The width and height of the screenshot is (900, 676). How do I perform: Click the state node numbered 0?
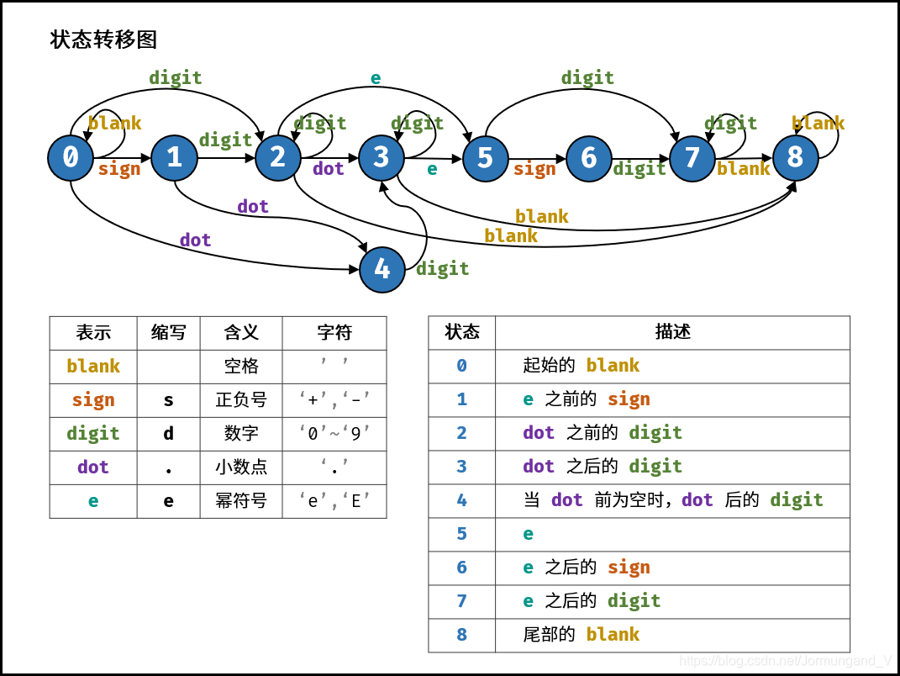(x=71, y=158)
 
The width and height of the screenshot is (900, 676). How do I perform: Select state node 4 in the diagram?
(x=382, y=269)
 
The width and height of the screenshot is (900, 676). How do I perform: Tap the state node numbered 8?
(x=795, y=157)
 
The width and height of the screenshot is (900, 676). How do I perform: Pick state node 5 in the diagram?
(x=485, y=158)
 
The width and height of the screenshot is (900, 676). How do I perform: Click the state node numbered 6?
(x=588, y=158)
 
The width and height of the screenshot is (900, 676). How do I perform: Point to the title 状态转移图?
(x=103, y=40)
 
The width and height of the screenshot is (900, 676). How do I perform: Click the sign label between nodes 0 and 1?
(x=119, y=169)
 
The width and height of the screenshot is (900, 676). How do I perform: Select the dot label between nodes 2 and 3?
(x=329, y=169)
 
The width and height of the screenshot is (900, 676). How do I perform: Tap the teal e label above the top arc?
(x=376, y=78)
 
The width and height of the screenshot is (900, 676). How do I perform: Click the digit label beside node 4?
(x=442, y=269)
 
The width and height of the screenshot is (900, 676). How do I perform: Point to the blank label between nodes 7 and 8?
(x=743, y=169)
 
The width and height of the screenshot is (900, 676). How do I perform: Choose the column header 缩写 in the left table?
(x=168, y=333)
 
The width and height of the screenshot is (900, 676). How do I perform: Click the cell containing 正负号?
(x=241, y=400)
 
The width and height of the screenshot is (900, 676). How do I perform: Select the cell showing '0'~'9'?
(x=334, y=434)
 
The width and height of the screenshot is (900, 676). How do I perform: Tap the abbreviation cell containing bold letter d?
(x=168, y=434)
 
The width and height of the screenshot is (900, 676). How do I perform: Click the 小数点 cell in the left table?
(x=241, y=467)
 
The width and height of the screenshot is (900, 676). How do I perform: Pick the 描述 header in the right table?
(x=672, y=332)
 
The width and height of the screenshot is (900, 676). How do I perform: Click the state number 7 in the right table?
(x=461, y=601)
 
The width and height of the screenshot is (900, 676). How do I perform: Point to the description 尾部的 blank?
(x=581, y=635)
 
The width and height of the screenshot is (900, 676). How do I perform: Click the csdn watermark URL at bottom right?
(x=786, y=661)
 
